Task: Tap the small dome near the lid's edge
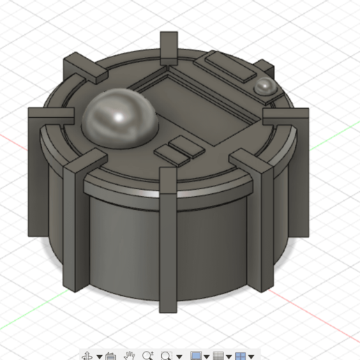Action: click(x=264, y=87)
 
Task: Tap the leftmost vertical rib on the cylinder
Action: click(x=40, y=171)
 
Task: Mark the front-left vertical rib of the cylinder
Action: click(x=74, y=223)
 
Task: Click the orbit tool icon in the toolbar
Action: click(x=89, y=355)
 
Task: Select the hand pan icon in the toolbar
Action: click(x=130, y=355)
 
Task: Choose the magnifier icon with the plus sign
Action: click(x=147, y=355)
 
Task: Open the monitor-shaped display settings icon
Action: click(x=196, y=355)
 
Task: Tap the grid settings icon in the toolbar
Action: click(x=218, y=355)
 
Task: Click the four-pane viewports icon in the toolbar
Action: click(x=240, y=355)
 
